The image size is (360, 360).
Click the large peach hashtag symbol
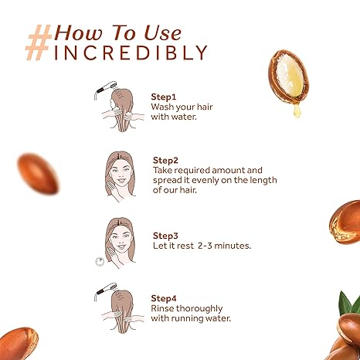click(39, 42)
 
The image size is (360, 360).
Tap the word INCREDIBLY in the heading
click(131, 53)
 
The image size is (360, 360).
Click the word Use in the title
click(162, 33)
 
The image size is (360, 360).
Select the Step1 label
click(163, 97)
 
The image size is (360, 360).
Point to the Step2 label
click(165, 161)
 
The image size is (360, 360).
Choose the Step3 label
click(165, 236)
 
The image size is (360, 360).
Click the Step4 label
click(164, 299)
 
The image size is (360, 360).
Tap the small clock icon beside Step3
click(100, 261)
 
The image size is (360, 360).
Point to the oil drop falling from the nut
click(297, 110)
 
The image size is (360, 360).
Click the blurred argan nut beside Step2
click(38, 173)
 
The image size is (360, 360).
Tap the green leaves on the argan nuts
click(351, 304)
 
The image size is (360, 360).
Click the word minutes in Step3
click(233, 246)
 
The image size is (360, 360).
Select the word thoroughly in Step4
click(199, 309)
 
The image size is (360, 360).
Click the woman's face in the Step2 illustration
click(120, 173)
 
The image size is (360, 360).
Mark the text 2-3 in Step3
click(205, 246)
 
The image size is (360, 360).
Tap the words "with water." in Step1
click(174, 117)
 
